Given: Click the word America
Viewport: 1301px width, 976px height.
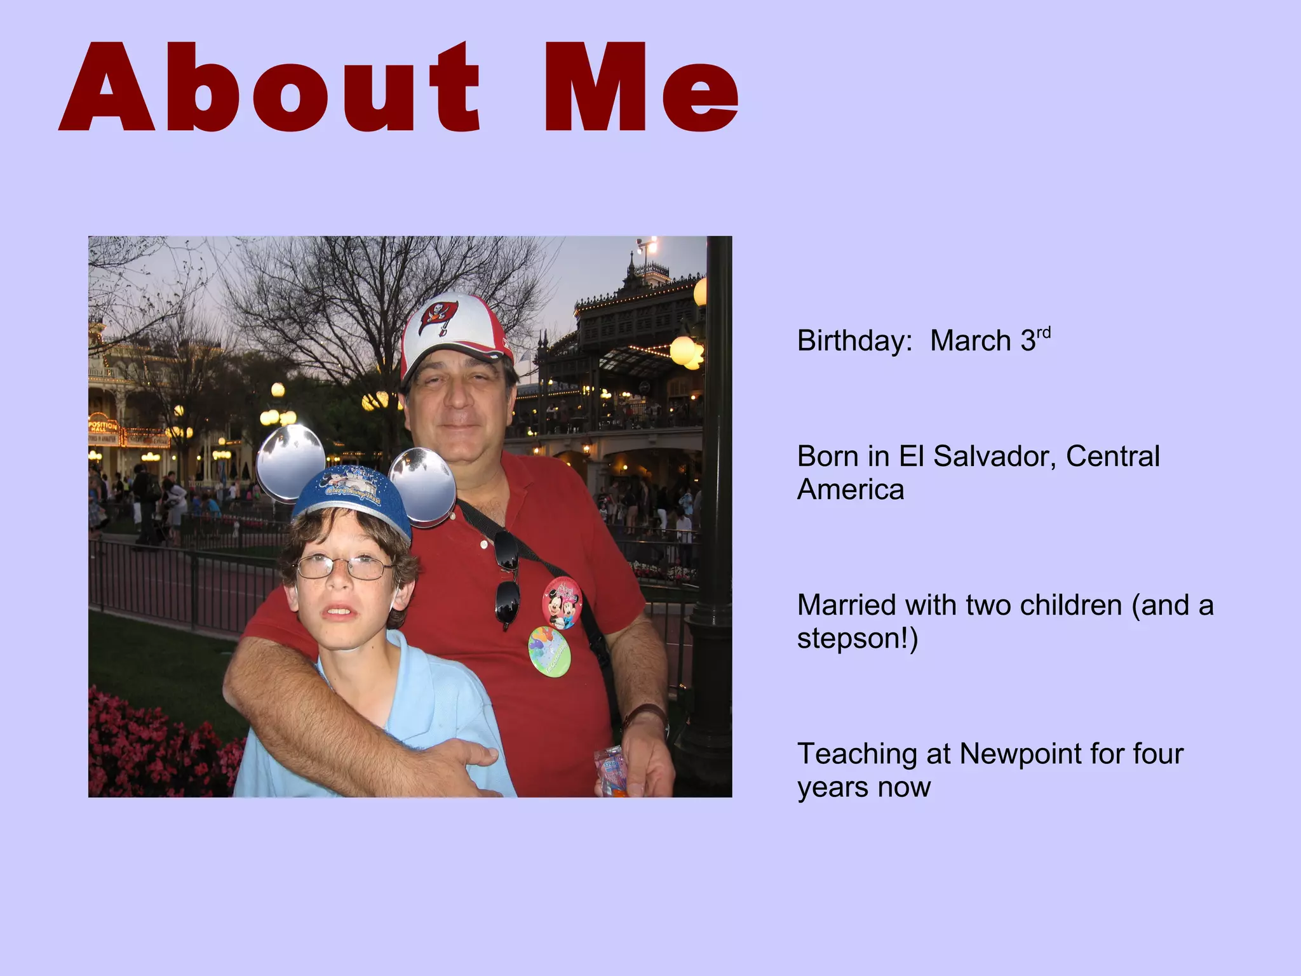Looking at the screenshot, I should click(x=850, y=490).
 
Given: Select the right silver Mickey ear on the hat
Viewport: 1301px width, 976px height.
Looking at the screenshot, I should click(x=422, y=486).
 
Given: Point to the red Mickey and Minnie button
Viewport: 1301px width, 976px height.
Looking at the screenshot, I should click(x=562, y=602).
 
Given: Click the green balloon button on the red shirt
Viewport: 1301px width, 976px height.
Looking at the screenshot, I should click(x=549, y=652).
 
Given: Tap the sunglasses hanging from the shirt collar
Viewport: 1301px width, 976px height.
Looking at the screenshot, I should click(x=507, y=581).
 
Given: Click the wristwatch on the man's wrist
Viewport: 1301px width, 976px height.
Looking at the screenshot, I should click(x=647, y=716).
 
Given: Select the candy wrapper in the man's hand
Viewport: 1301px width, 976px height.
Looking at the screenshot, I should click(x=609, y=772).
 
